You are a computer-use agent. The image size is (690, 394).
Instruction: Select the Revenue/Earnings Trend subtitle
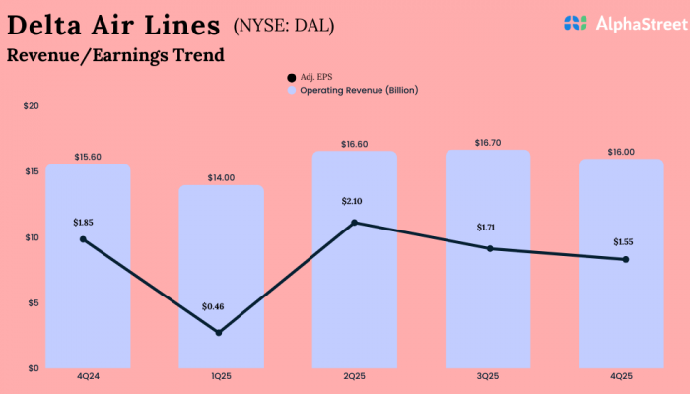[115, 55]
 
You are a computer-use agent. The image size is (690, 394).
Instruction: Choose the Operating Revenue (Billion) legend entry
[352, 90]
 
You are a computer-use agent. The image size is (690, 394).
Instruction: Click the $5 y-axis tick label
[33, 303]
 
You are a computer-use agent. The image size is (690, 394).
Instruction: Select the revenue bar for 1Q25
[221, 276]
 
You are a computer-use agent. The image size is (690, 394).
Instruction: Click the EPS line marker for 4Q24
[83, 239]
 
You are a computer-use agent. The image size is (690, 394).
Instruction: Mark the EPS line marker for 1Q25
[218, 333]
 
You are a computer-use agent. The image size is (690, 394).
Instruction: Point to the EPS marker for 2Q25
[354, 223]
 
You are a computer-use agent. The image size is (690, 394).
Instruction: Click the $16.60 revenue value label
[355, 144]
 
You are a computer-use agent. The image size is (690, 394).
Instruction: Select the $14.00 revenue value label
[221, 177]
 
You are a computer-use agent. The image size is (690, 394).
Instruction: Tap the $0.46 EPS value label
[213, 307]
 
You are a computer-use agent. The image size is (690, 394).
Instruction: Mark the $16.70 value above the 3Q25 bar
[487, 142]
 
